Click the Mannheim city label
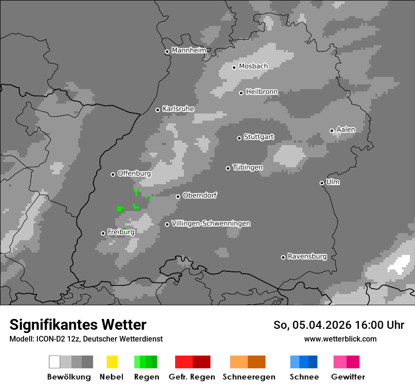click(x=189, y=50)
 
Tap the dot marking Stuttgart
click(x=239, y=138)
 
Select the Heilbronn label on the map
click(x=262, y=92)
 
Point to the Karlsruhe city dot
click(x=158, y=110)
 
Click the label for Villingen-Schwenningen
click(x=211, y=223)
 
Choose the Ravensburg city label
click(x=307, y=256)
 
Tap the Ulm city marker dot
click(x=322, y=183)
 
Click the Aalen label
click(x=346, y=130)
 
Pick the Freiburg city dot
click(x=103, y=233)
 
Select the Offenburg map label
click(x=134, y=173)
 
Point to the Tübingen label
click(x=248, y=167)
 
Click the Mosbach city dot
click(x=234, y=67)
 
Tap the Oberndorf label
click(x=199, y=195)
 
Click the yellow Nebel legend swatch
click(x=112, y=362)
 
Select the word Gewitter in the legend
click(x=348, y=377)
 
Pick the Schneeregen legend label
click(x=249, y=377)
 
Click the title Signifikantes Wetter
click(x=78, y=325)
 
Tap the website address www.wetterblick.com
click(x=340, y=339)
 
